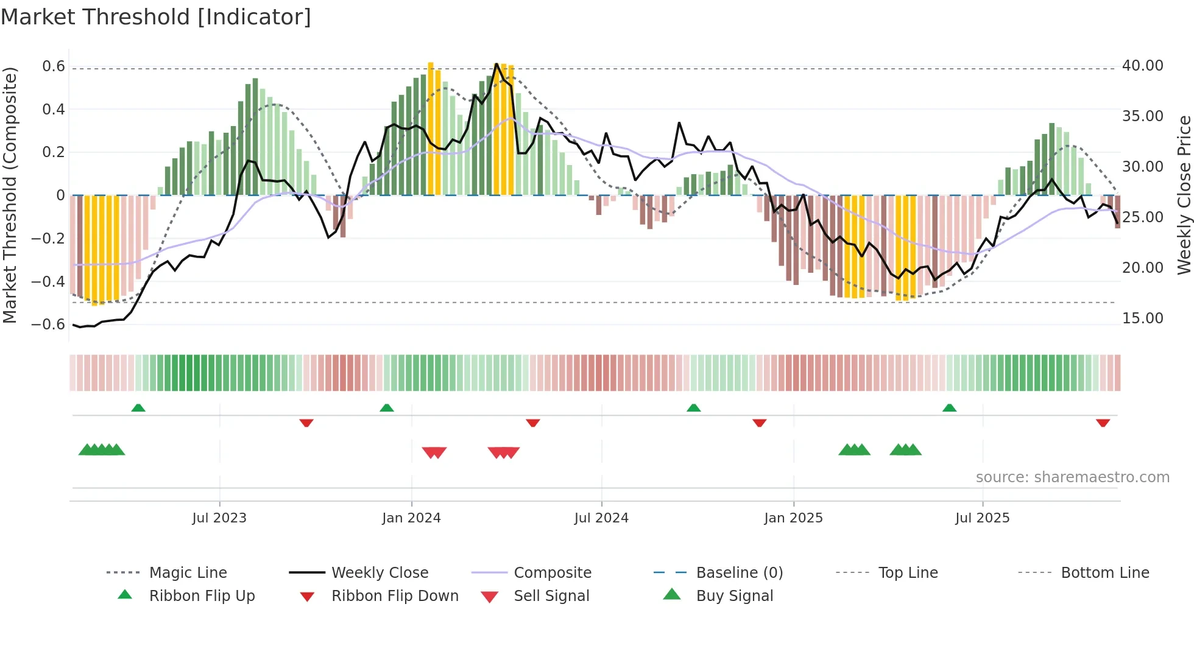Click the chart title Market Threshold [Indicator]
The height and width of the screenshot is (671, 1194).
[156, 17]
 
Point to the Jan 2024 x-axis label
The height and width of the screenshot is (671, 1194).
[411, 518]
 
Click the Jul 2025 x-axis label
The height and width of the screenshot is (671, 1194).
[982, 518]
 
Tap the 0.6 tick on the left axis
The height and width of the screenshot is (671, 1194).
[54, 66]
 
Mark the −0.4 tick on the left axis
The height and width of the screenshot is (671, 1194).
[48, 281]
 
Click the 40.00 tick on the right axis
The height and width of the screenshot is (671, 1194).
[1143, 66]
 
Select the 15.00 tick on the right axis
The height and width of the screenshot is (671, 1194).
[1143, 318]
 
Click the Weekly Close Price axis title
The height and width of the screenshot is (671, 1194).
[1183, 195]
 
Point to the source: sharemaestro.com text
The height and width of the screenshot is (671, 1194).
[1072, 477]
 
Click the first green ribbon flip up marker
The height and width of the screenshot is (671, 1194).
[138, 407]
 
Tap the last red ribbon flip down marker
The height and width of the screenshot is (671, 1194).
[1103, 423]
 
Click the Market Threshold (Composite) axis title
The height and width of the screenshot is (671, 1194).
[10, 195]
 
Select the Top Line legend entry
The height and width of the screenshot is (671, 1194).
[908, 572]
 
